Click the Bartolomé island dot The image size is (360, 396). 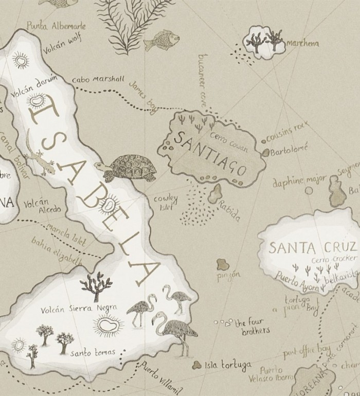266,153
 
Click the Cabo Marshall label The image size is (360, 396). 98,80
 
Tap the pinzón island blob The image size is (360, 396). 223,265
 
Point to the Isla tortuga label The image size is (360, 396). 228,365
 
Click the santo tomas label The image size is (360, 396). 93,352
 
